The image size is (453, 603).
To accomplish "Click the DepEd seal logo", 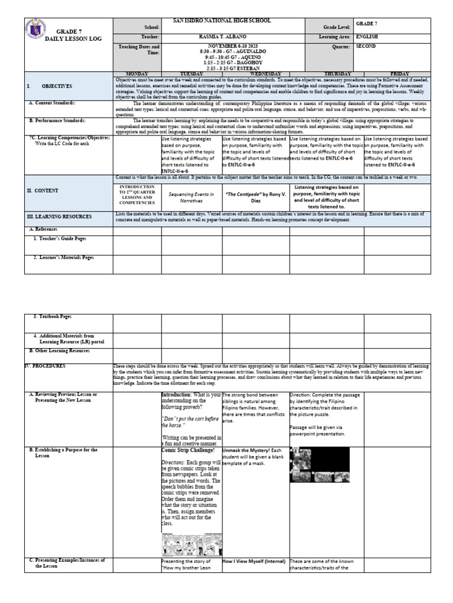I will click(37, 32).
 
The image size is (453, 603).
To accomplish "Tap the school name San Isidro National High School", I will click(221, 21).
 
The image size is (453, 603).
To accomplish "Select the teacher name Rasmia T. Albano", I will click(221, 37).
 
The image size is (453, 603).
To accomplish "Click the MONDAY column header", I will click(137, 74).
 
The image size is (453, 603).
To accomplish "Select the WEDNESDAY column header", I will click(255, 74).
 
